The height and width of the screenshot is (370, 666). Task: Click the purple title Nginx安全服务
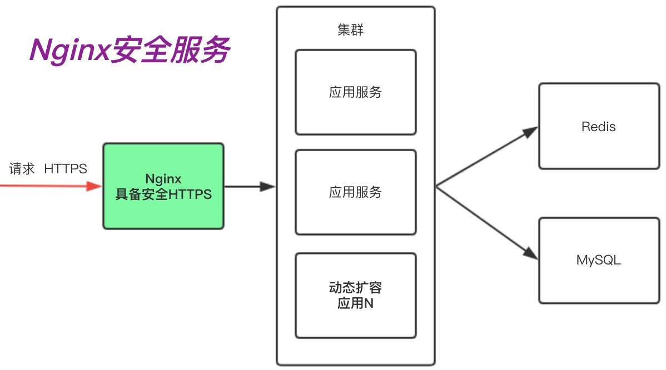[129, 51]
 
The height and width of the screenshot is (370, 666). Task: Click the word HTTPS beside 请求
[66, 169]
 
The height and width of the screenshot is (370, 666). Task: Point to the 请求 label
[22, 169]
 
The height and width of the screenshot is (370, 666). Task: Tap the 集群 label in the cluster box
[350, 31]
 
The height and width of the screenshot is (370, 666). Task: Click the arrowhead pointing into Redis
[531, 131]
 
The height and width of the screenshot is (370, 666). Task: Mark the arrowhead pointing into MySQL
[531, 254]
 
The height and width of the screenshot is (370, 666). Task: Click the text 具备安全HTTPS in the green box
[163, 195]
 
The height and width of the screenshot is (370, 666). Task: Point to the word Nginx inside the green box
[163, 179]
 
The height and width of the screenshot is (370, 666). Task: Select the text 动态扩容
[355, 288]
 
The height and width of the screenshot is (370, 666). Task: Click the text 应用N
[355, 304]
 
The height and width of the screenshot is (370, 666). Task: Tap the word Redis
[599, 127]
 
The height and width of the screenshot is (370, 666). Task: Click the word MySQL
[599, 260]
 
